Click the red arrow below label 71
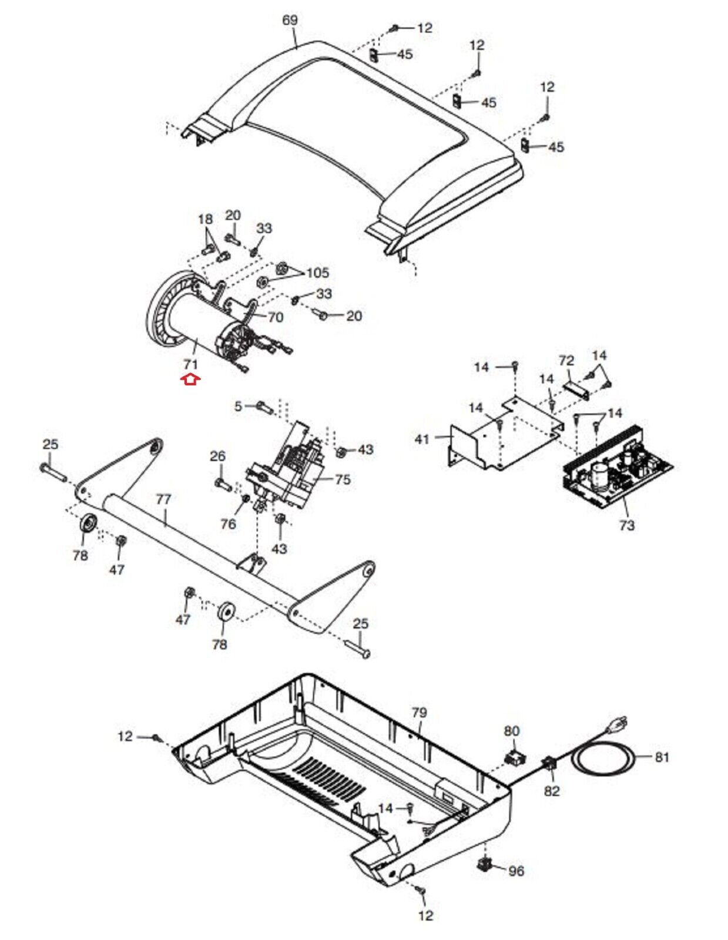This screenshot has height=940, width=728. pos(191,380)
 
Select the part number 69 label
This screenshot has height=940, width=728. pos(290,21)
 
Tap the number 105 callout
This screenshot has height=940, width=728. pos(317,273)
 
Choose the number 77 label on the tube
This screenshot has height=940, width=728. pos(163,499)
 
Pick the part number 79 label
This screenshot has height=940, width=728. pos(419,713)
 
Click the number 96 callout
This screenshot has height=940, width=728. pos(516,871)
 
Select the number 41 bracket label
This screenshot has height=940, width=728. pos(422,439)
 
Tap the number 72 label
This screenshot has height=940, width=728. pos(566,360)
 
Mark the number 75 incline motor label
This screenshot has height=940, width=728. pos(343,480)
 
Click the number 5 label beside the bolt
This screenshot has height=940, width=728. pos(238,406)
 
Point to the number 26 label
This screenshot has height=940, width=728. pos(217,456)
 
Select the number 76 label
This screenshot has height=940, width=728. pos(228,524)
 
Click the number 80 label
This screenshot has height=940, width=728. pos(511,731)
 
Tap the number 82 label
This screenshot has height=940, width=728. pos(552,791)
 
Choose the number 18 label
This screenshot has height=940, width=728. pos(206,219)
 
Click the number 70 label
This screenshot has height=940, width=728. pos(275,317)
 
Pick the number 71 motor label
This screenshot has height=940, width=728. pos(190,364)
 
